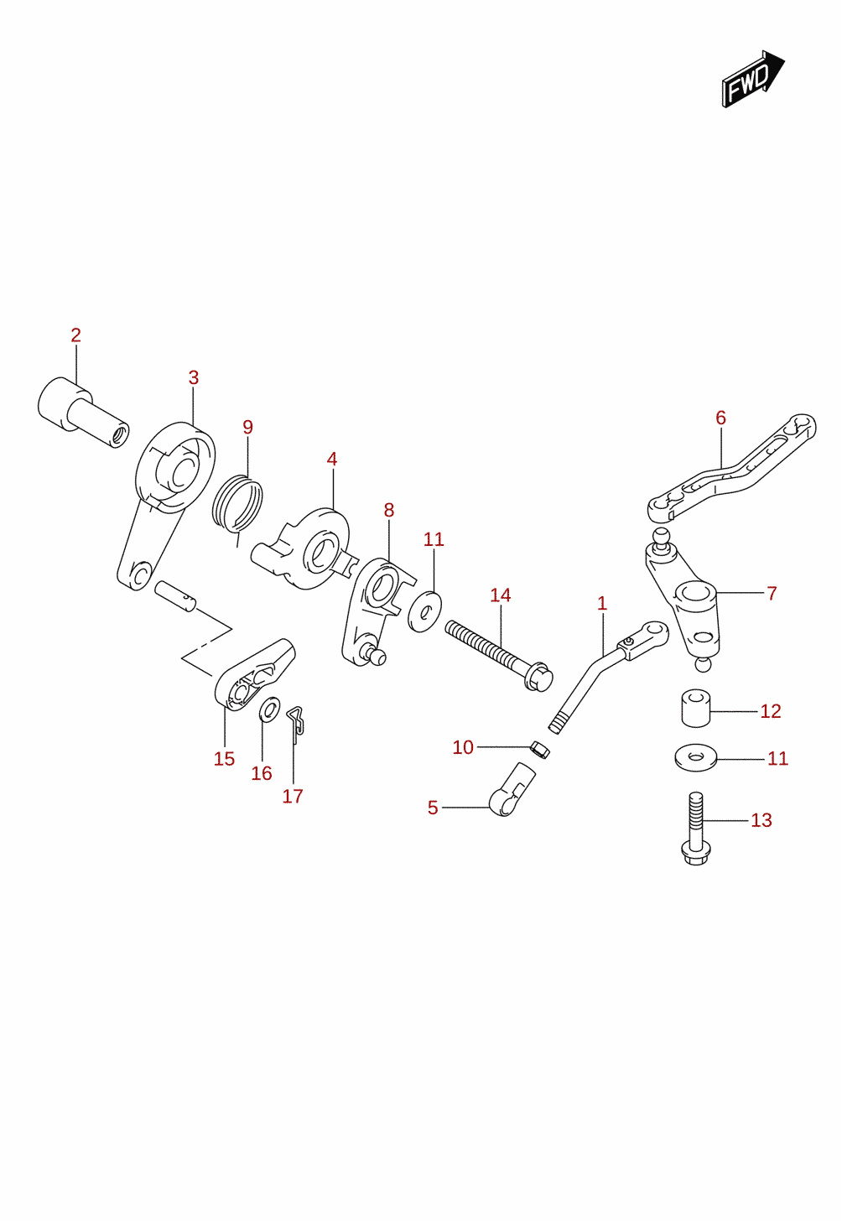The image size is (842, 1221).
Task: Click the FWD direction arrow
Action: (x=752, y=79)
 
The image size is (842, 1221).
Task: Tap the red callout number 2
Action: (x=75, y=335)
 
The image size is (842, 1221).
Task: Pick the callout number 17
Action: (x=293, y=797)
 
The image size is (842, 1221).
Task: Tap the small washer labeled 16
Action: (x=269, y=709)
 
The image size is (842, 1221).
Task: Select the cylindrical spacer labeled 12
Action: (x=695, y=709)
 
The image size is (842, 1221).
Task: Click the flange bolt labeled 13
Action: (x=695, y=829)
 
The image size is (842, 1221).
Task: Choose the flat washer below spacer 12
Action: (x=695, y=758)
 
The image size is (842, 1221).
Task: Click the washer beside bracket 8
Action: (x=424, y=611)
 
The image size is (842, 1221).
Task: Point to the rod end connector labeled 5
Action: (x=512, y=790)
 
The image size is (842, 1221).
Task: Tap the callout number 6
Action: (x=720, y=418)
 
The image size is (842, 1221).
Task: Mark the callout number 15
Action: (x=224, y=759)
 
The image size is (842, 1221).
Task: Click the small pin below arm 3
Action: (x=174, y=596)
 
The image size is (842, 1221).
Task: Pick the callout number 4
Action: (x=332, y=459)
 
